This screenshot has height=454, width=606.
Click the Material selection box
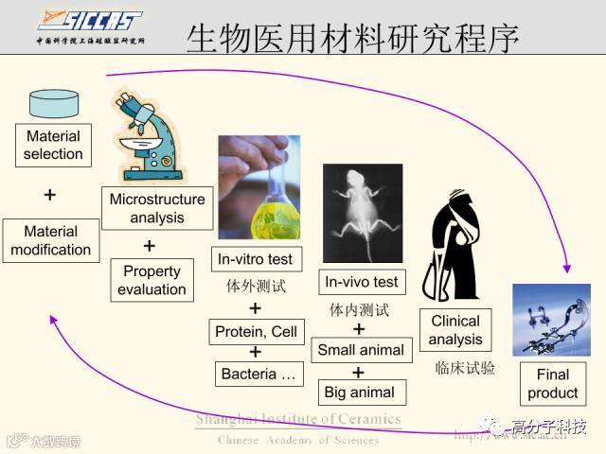(x=53, y=145)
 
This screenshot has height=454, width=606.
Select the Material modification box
(x=51, y=240)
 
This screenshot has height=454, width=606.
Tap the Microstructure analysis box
(x=157, y=209)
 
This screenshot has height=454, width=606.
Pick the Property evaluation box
(x=151, y=280)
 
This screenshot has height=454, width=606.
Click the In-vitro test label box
(x=255, y=259)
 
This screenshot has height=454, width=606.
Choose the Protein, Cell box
(x=256, y=332)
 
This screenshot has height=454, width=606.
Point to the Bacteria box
(x=258, y=375)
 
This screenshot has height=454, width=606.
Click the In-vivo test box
(x=362, y=282)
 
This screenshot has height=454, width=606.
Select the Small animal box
(x=361, y=350)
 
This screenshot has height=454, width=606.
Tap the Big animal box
(x=360, y=392)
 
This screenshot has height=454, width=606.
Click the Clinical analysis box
(x=455, y=330)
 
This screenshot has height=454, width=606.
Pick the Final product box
(x=552, y=383)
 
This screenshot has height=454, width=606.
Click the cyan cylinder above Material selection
(x=53, y=104)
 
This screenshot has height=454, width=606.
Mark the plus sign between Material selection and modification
(x=50, y=195)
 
